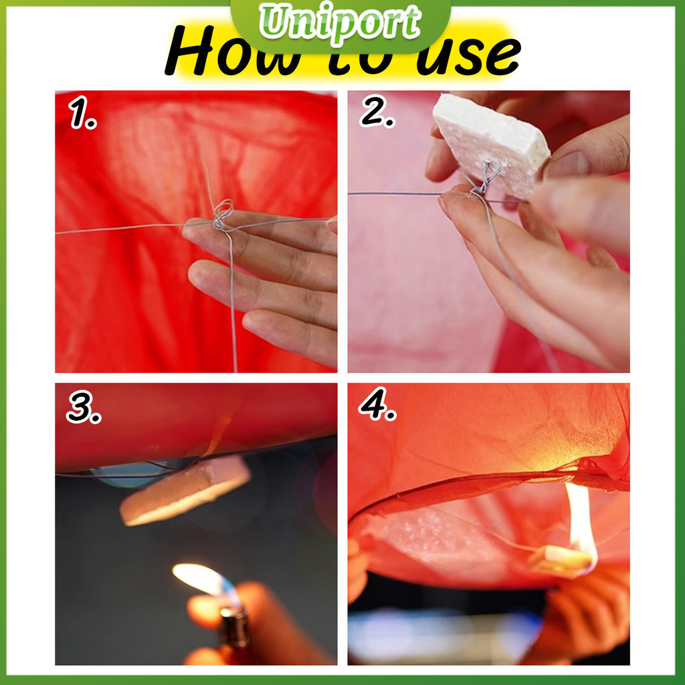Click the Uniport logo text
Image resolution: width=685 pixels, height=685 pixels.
click(340, 23)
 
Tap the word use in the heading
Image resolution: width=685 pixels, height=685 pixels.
click(468, 56)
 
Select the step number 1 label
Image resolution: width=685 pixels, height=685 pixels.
click(82, 112)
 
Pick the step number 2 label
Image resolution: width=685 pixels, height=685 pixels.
click(377, 111)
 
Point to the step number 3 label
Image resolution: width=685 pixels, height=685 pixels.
click(84, 407)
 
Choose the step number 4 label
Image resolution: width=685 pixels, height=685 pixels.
click(377, 404)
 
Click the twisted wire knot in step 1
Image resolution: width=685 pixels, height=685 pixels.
click(222, 215)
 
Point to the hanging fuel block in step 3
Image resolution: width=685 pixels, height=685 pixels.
click(186, 490)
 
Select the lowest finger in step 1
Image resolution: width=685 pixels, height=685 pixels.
click(289, 336)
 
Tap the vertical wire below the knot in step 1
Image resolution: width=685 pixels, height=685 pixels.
click(233, 302)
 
